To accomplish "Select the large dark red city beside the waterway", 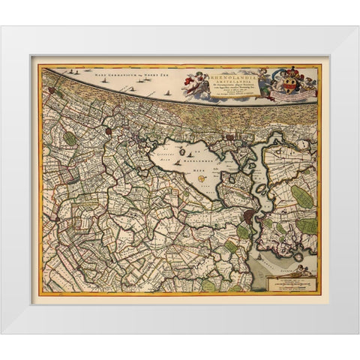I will [250, 217].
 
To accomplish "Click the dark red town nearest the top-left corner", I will [108, 131].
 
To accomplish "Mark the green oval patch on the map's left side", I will [70, 138].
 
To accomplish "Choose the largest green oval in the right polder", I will [302, 197].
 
